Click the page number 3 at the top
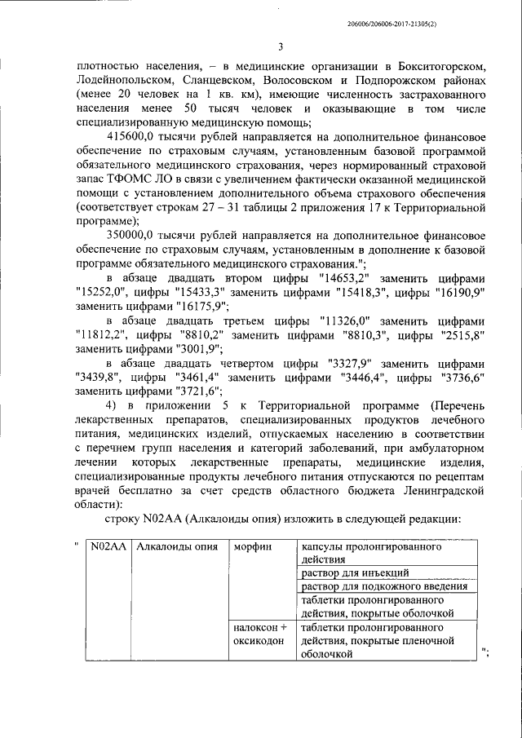(280, 46)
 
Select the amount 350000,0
(133, 236)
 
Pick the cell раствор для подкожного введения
(383, 587)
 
